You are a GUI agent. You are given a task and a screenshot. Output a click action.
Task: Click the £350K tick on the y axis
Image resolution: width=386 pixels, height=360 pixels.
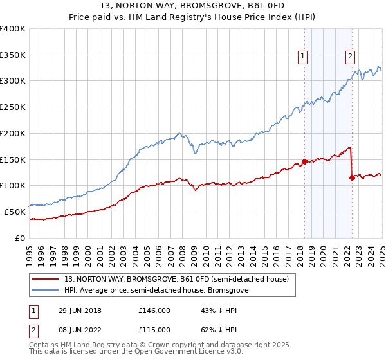point(13,55)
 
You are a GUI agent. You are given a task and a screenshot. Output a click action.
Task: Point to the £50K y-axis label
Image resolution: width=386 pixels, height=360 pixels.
point(15,212)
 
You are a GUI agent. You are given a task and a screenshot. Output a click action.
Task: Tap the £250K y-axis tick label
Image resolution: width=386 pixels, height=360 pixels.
point(13,107)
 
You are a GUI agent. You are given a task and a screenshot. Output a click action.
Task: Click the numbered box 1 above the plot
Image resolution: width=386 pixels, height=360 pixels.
point(303,57)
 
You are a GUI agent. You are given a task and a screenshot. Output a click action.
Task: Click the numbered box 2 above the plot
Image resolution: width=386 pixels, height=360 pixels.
point(350,57)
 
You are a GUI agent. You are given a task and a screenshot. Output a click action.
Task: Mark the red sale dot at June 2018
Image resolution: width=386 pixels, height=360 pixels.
point(304,161)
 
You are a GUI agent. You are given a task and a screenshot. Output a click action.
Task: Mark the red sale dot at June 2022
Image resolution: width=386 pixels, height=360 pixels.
point(351,177)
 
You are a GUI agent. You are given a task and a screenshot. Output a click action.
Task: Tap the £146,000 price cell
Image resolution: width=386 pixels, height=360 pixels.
point(154,310)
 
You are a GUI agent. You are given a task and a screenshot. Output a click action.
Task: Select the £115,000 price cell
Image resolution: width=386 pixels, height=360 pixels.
point(154,329)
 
